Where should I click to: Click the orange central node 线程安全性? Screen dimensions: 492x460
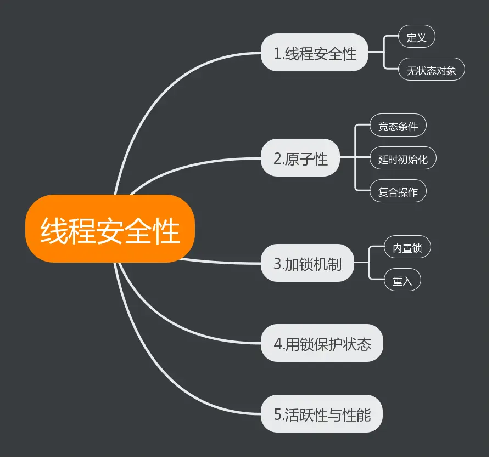coord(110,229)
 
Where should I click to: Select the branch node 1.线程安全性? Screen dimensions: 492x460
coord(315,53)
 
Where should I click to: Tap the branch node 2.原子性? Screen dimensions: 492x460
coord(300,158)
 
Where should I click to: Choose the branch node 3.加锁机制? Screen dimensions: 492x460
coord(307,263)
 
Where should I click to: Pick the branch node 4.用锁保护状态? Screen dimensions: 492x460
coord(322,344)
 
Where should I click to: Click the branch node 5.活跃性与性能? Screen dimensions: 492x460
coord(322,414)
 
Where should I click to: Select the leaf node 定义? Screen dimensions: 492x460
coord(417,37)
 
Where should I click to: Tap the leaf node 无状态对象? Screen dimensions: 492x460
coord(432,70)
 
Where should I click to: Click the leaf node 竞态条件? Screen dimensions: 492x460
coord(398,126)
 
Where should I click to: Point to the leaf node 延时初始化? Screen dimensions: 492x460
coord(403,160)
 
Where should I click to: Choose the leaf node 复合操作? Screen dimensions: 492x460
coord(398,192)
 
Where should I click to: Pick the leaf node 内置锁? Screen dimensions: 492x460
coord(407,248)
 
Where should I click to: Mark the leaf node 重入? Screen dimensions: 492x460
coord(402,281)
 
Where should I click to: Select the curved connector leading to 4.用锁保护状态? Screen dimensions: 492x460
coord(181,323)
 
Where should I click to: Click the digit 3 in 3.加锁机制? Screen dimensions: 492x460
coord(277,264)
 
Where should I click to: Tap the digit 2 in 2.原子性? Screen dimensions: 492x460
coord(277,159)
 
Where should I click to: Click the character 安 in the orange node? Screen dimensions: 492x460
coord(109,230)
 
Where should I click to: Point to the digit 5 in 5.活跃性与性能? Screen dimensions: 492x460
coord(278,414)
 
